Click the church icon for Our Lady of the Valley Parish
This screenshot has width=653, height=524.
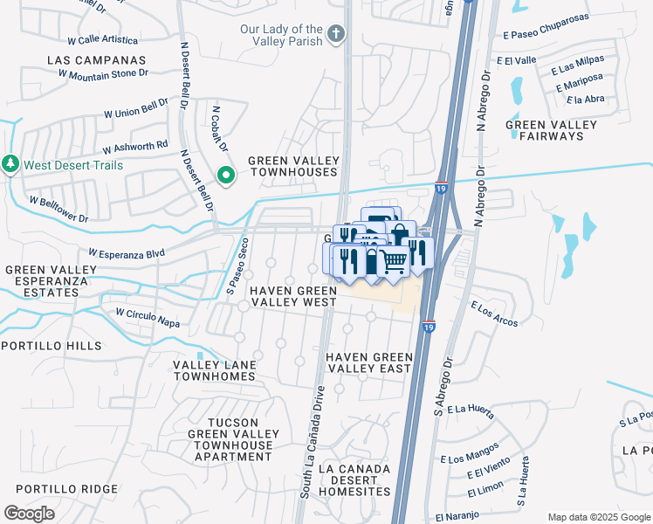[335, 37]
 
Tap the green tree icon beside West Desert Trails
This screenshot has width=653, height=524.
[10, 164]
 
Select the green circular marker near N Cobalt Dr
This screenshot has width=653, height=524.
[225, 177]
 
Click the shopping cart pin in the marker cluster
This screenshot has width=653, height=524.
[394, 260]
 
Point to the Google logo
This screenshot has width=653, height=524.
[29, 513]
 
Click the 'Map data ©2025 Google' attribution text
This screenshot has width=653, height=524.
[597, 517]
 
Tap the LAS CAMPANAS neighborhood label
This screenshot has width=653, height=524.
[96, 60]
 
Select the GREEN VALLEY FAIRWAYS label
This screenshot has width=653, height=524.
[552, 130]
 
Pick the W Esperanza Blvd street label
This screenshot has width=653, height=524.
[126, 253]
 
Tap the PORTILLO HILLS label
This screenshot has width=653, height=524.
[52, 346]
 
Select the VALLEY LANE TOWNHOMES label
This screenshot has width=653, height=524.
[215, 370]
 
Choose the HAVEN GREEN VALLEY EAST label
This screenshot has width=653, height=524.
[368, 362]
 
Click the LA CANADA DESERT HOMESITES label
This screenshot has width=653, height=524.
[354, 480]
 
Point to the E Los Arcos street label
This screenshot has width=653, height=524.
[493, 314]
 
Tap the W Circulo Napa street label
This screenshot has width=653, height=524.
[147, 318]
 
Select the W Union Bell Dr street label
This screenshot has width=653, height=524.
[136, 108]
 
